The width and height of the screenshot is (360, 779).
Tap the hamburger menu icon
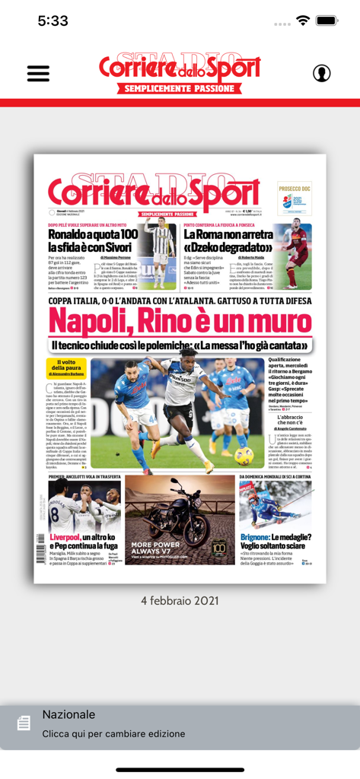[38, 73]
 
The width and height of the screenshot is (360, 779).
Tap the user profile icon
[321, 73]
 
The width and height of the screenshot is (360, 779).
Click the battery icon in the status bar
[327, 21]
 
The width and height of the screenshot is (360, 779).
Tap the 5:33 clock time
[53, 21]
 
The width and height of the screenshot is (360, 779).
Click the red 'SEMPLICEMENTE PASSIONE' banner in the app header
[180, 88]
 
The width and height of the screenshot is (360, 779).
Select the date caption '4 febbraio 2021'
[180, 600]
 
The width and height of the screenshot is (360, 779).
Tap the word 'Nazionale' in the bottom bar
[68, 714]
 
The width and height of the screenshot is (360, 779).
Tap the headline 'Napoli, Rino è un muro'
[180, 323]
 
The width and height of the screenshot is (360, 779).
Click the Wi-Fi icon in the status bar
[303, 21]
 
